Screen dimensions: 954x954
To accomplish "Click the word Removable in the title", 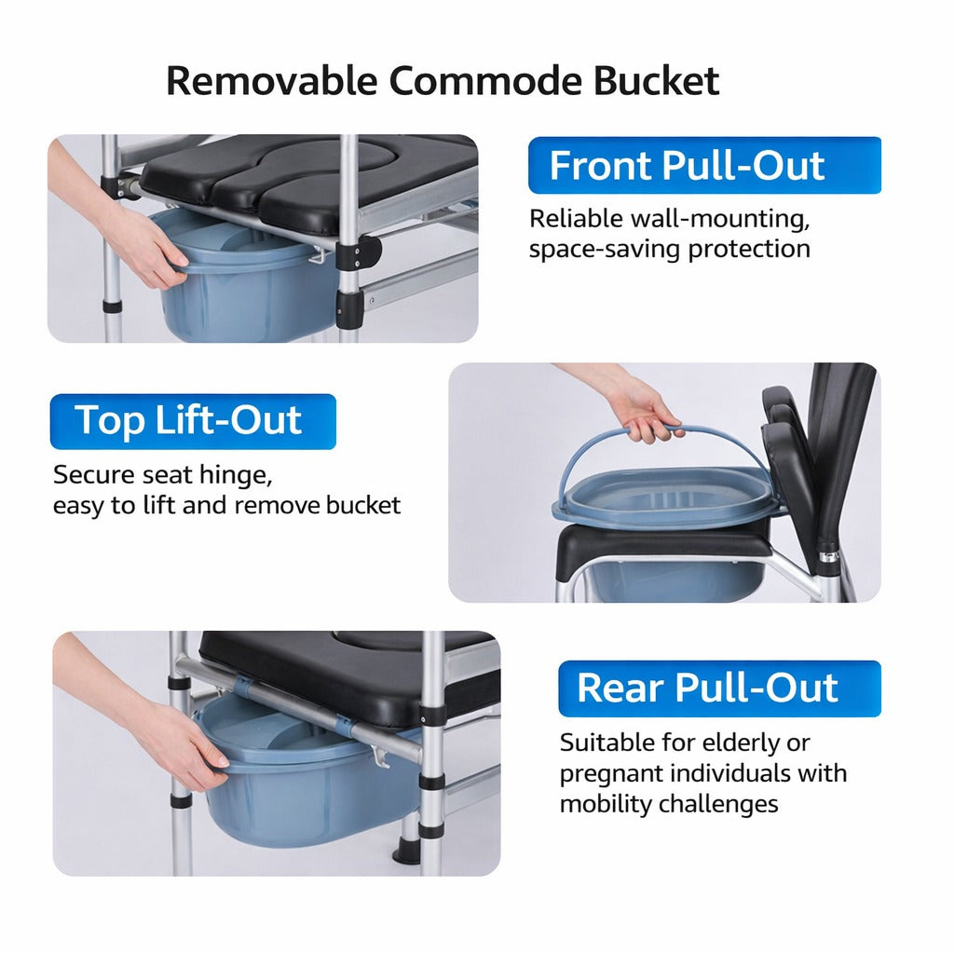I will (x=271, y=81).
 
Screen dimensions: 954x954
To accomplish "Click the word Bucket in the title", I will (x=656, y=81).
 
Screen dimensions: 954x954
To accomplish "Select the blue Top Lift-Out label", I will (x=192, y=421).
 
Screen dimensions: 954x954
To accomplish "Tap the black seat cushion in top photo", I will (x=307, y=177).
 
